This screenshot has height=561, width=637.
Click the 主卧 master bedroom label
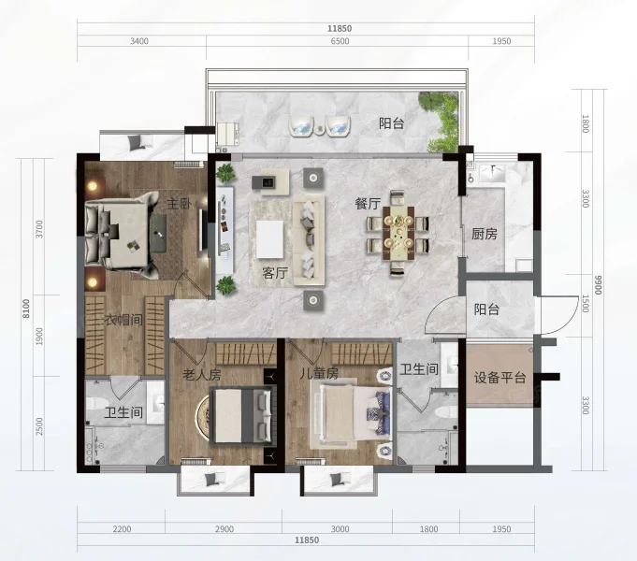(x=180, y=203)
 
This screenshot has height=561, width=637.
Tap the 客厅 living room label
(x=275, y=273)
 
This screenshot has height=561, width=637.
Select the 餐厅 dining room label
(x=368, y=204)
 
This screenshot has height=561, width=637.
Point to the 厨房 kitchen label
(x=485, y=234)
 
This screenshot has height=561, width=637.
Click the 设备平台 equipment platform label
(x=499, y=378)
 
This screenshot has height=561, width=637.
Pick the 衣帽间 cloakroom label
(x=123, y=320)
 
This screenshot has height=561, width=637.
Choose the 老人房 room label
(x=202, y=374)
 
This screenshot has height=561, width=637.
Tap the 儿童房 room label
(x=319, y=373)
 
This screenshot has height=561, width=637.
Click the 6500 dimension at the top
(x=340, y=41)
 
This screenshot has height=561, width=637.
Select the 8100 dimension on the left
(x=26, y=309)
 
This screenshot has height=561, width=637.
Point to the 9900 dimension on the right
(x=598, y=285)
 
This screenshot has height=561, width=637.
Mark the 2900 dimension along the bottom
(x=224, y=529)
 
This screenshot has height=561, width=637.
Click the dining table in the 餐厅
(x=398, y=233)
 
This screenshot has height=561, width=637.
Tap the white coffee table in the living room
(x=269, y=238)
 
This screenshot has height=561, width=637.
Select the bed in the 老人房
(x=241, y=415)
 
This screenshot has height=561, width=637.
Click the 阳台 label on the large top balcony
(x=391, y=123)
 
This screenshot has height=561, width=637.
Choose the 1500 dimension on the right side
(x=586, y=304)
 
